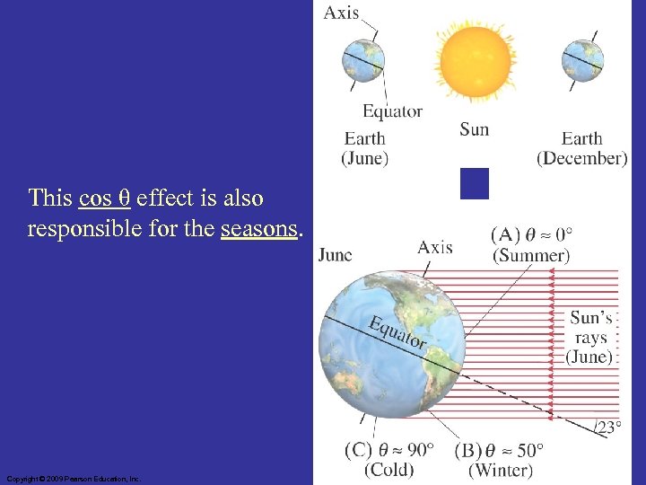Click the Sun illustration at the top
477,63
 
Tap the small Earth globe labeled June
364,61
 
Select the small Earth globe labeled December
583,61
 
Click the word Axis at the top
342,13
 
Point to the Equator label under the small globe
392,111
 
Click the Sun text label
475,129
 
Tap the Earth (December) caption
582,148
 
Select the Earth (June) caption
365,148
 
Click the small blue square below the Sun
475,183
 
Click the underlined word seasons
258,229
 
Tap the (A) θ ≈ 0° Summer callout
531,244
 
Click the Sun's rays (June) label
591,337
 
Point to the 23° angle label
608,428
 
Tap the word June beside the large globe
336,255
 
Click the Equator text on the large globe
397,331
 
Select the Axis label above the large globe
435,247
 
